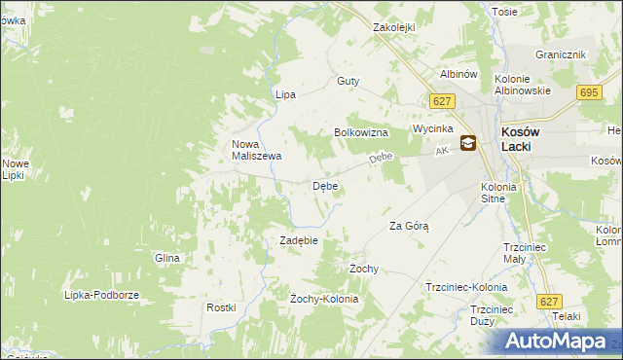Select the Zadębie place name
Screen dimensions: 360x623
coord(299,240)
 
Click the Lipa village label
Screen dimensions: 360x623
coord(285,94)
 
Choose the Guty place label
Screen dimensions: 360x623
coord(348,82)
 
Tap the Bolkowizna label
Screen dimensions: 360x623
coord(361,132)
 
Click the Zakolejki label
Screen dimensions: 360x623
coord(394,28)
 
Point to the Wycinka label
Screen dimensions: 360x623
coord(433,128)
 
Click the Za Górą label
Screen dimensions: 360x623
coord(409,226)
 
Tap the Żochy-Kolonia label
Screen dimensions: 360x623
coord(324,299)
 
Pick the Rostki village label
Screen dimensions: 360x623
coord(221,307)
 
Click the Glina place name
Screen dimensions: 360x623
coord(167,258)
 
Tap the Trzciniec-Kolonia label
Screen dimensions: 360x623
coord(466,288)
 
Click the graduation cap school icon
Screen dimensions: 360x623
coord(468,143)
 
